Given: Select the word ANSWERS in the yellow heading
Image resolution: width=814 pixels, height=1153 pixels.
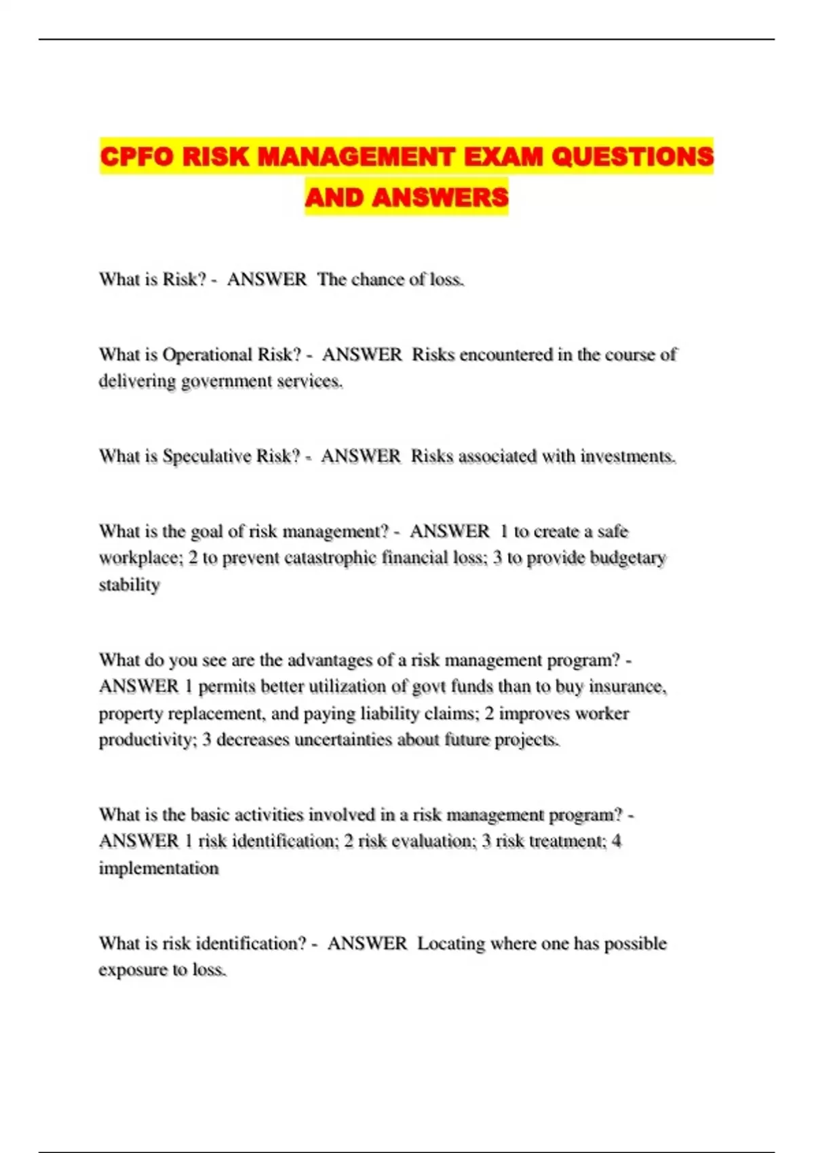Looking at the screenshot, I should [440, 197].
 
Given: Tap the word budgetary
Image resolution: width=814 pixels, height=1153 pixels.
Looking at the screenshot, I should [628, 558].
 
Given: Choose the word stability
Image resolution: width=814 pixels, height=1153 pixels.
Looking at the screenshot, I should [129, 585].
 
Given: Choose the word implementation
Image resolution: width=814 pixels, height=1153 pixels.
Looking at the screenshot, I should [159, 868].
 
